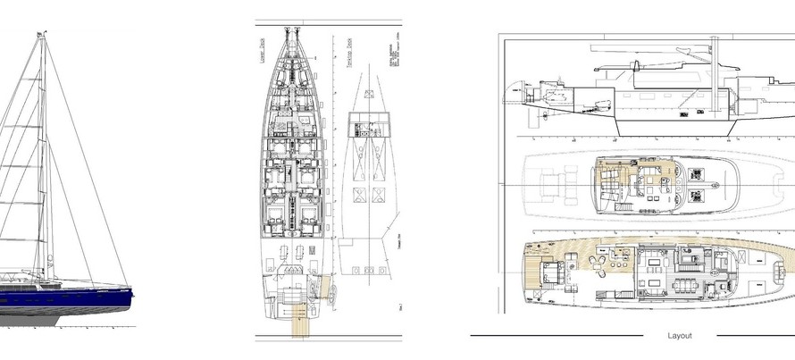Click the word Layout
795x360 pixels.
pyautogui.click(x=680, y=336)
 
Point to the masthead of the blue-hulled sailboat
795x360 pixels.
pyautogui.click(x=40, y=33)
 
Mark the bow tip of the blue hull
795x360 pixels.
pyautogui.click(x=133, y=288)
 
